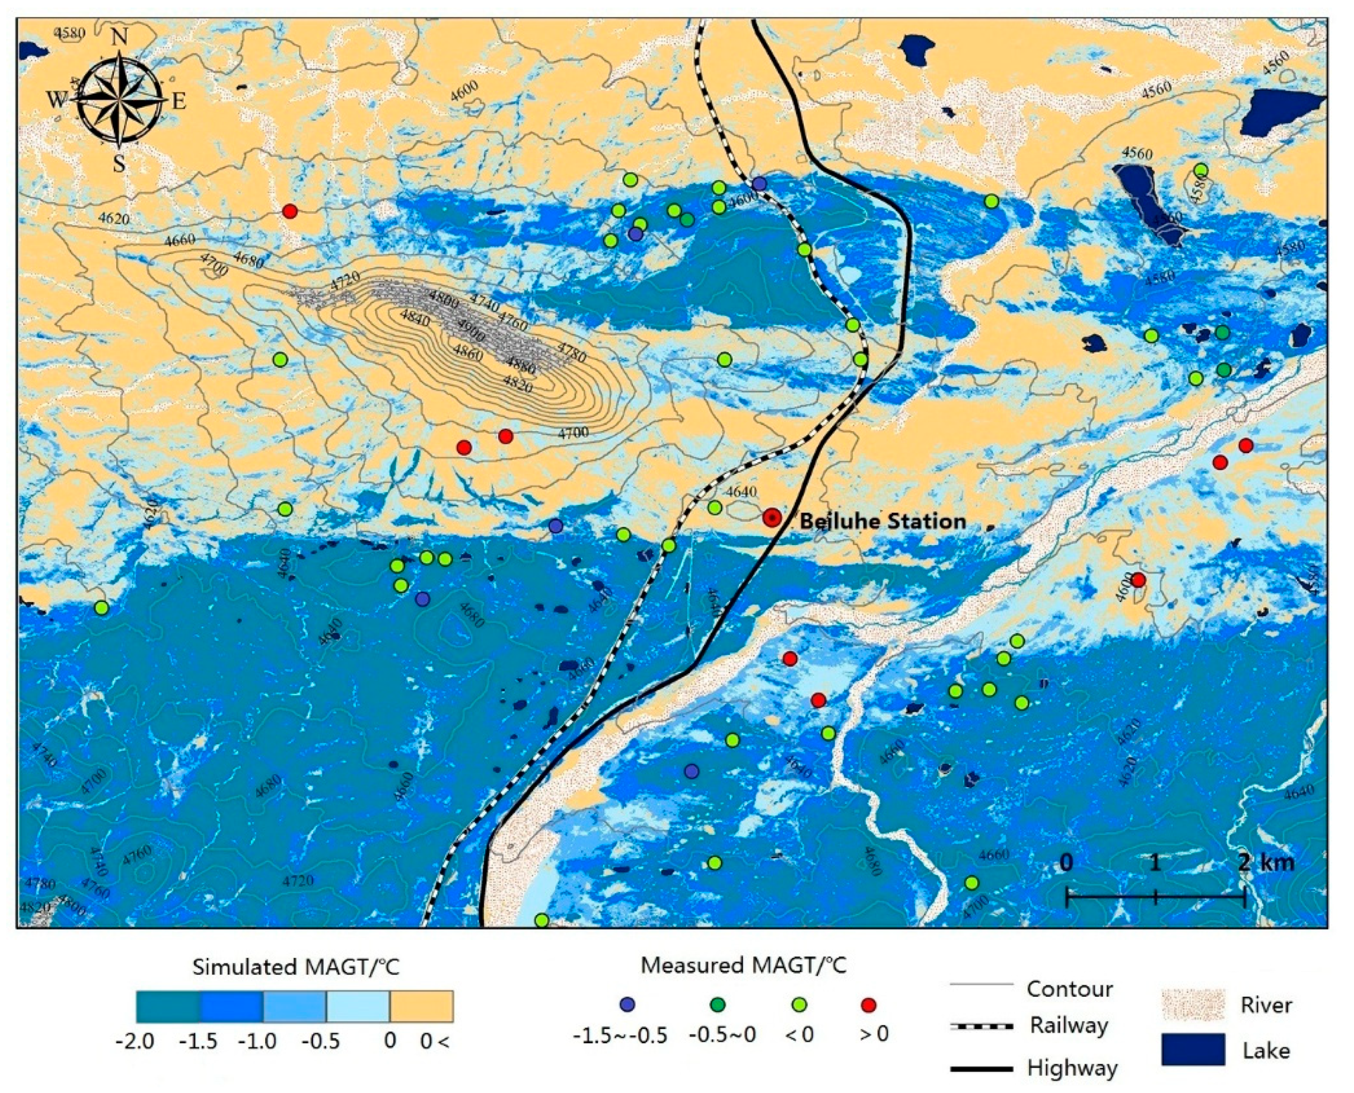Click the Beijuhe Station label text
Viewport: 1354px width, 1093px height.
(x=883, y=521)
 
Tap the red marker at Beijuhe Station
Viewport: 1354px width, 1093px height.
(x=772, y=518)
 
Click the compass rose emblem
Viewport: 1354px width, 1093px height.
(x=120, y=100)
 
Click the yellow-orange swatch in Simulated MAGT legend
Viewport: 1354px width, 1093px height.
(x=421, y=1006)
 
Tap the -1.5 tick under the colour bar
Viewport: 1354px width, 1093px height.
(x=199, y=1041)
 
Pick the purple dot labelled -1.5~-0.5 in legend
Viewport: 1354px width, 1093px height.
(x=627, y=1005)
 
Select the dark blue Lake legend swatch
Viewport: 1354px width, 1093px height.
(x=1193, y=1049)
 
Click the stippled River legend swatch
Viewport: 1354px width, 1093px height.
(x=1193, y=1005)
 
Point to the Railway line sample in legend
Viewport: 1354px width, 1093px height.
(x=982, y=1026)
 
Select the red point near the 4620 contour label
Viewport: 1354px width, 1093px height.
(x=289, y=211)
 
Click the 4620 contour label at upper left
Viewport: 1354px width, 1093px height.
(x=114, y=219)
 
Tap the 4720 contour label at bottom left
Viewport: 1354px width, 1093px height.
(x=298, y=880)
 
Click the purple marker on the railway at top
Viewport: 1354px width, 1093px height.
(x=760, y=183)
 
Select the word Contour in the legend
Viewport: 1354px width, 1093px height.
(x=1069, y=989)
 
